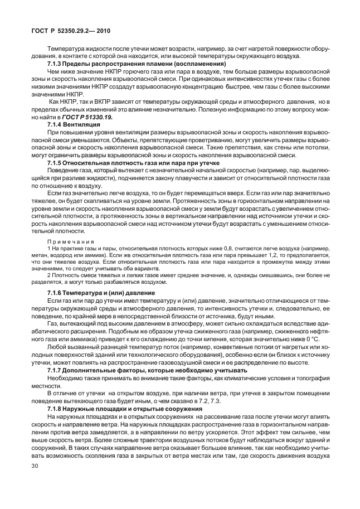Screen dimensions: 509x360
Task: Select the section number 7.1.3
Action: tap(56, 65)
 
